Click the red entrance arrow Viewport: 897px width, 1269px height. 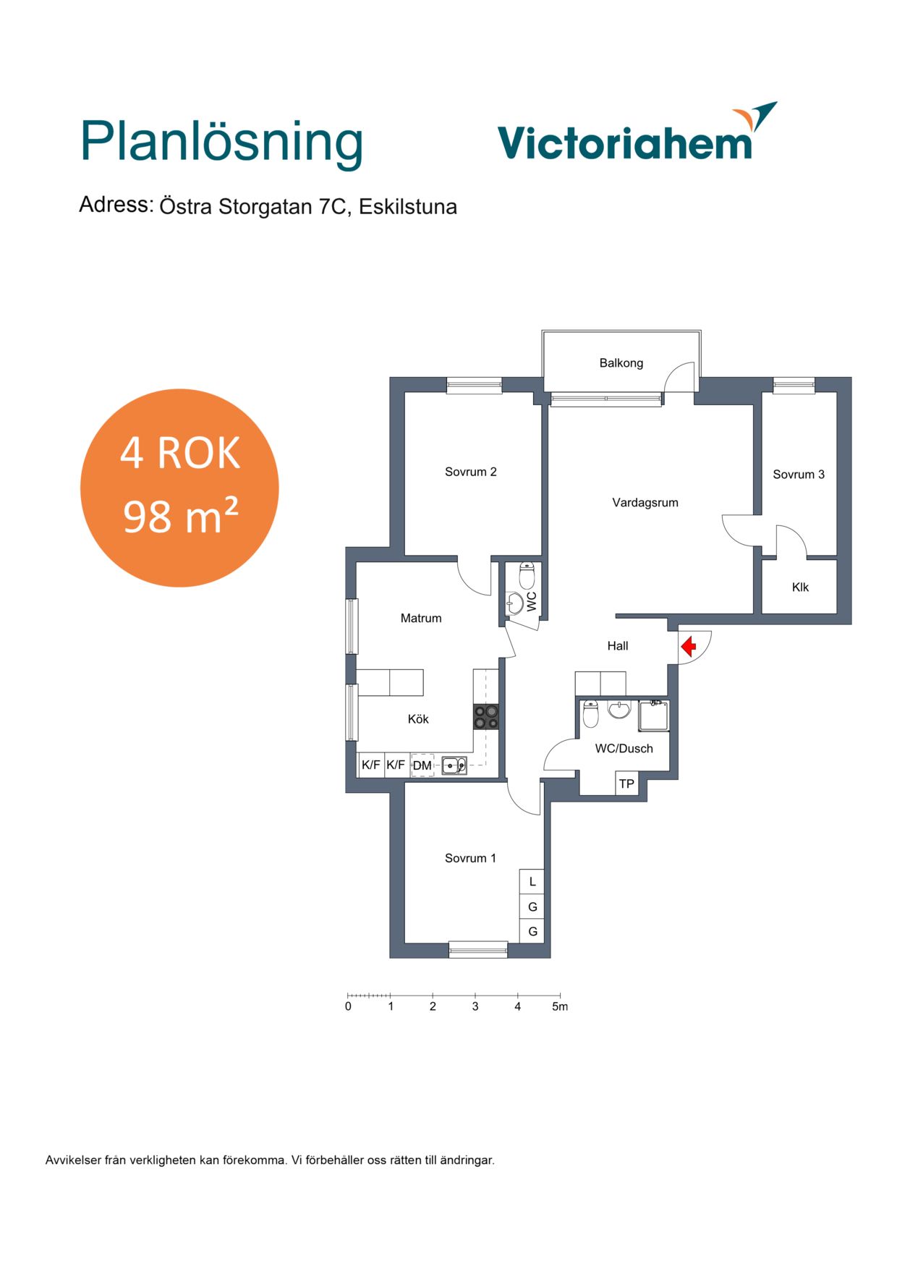pos(688,645)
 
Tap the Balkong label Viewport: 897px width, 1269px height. pos(621,363)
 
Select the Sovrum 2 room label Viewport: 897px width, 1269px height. pos(470,472)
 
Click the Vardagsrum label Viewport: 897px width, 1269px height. pos(645,503)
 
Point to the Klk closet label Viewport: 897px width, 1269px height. pos(800,587)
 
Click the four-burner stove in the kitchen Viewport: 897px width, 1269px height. pos(485,716)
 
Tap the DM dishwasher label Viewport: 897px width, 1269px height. pos(422,765)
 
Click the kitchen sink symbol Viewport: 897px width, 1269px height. pos(454,765)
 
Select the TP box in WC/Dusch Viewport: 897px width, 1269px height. pos(626,784)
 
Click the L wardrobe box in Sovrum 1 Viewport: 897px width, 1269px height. pos(532,881)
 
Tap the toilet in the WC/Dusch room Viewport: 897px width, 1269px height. pos(591,713)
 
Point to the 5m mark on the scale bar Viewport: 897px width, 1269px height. pos(560,1006)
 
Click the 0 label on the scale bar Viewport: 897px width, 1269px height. pos(348,1006)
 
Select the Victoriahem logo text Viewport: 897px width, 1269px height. pos(626,142)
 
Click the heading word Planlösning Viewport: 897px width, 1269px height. pos(221,143)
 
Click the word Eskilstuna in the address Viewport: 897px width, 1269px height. pos(408,207)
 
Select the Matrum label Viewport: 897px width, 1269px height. pos(421,618)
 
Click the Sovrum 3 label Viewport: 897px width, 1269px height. pos(799,475)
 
